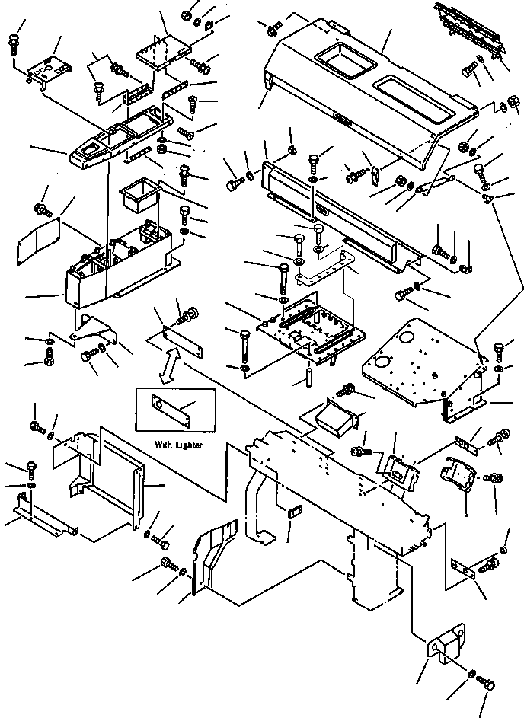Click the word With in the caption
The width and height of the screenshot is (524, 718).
click(164, 445)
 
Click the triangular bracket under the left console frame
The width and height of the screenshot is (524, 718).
click(94, 328)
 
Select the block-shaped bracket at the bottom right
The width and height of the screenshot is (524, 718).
click(446, 644)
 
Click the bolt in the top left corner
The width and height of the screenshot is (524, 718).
click(14, 46)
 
